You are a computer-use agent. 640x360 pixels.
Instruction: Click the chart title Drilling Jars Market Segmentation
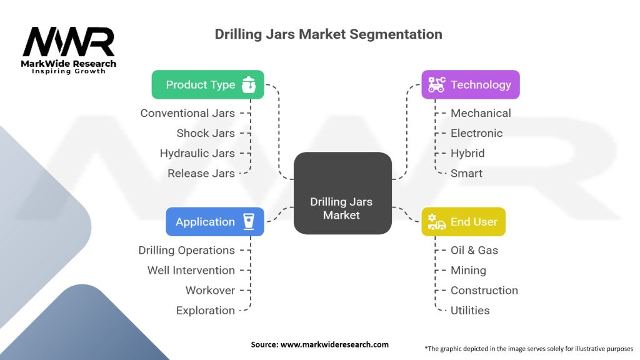pos(328,34)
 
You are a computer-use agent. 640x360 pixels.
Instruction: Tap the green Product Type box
pos(207,84)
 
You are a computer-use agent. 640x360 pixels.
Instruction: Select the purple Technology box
pos(470,84)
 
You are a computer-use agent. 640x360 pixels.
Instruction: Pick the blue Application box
pos(214,222)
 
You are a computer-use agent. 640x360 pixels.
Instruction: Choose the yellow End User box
pos(463,222)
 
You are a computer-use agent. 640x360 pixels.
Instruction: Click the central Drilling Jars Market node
pos(342,208)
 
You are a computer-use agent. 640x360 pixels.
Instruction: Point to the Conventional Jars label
pos(187,113)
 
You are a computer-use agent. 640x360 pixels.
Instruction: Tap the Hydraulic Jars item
pos(197,153)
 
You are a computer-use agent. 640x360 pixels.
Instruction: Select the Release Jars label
pos(201,173)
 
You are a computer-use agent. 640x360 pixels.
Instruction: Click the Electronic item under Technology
pos(476,133)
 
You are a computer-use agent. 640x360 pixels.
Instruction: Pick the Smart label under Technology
pos(466,173)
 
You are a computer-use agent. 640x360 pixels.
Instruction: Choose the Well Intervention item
pos(191,270)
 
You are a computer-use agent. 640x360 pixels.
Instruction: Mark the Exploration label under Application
pos(206,310)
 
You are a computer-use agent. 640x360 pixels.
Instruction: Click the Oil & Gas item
pos(474,250)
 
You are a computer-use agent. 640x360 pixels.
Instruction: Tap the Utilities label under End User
pos(470,310)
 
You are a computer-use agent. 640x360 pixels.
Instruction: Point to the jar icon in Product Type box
pos(249,84)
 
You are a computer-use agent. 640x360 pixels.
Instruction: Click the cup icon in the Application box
pos(249,222)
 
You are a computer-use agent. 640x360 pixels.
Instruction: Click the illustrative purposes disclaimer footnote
pos(528,348)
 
